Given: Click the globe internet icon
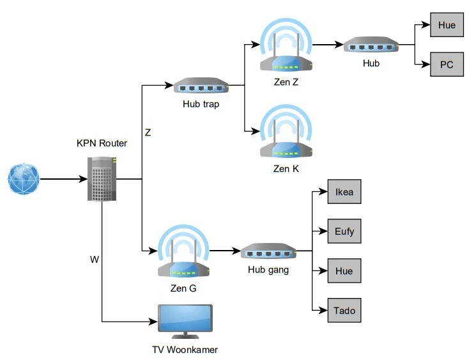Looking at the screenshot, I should [24, 179].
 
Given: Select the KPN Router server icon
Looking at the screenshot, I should [102, 179].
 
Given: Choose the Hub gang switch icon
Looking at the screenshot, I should [268, 251].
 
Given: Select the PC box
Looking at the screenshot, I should [447, 65].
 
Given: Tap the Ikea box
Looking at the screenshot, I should [344, 192].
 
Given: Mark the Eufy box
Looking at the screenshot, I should [344, 231].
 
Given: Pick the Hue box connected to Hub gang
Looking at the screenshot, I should [344, 270].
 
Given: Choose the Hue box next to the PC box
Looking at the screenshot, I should [447, 25].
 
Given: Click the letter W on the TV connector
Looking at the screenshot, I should [95, 260].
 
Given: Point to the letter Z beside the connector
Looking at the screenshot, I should [148, 133].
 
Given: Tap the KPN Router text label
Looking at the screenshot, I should [102, 143].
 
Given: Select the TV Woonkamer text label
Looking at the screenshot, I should [185, 350].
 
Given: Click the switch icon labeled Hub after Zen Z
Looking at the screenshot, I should [371, 45].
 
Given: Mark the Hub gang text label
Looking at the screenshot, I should [268, 270].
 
